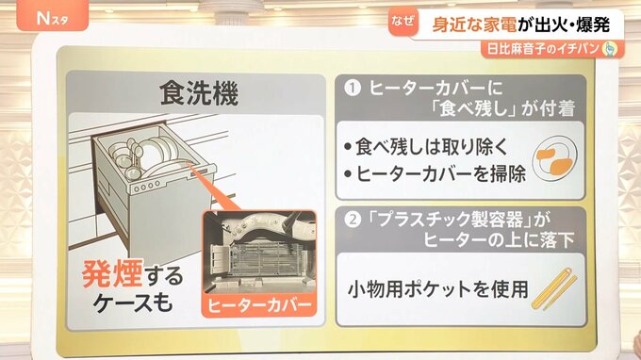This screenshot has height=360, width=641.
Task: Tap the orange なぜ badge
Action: coord(403,22)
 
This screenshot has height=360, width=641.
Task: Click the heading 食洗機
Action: coord(199,93)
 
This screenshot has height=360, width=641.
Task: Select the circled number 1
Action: coord(353,88)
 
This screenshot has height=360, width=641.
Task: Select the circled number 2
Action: coord(353,220)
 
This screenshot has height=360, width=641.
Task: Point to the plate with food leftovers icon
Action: coord(554,158)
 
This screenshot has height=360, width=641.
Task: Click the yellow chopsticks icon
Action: coord(554,288)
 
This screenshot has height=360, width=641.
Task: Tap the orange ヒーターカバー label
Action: coord(259,305)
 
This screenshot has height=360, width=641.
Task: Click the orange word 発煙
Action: coord(112,274)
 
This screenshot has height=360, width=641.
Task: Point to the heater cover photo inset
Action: coord(259,252)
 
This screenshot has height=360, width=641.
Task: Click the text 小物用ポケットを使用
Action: coord(438,289)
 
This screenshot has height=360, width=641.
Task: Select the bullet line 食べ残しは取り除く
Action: coord(426,146)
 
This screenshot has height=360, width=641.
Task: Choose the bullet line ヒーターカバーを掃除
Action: coord(436,174)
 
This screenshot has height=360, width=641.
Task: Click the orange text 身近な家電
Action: coord(474,25)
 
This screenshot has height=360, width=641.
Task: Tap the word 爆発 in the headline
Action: coord(593,25)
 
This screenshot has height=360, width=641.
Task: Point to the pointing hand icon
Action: coord(610,49)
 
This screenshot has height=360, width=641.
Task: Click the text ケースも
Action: coord(133,303)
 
